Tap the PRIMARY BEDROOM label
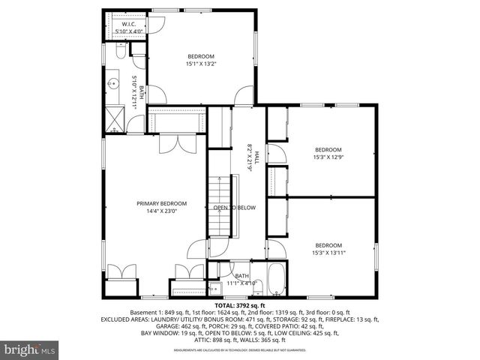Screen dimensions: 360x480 click(161, 203)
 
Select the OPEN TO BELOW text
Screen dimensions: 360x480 click(235, 207)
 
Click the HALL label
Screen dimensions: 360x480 click(256, 156)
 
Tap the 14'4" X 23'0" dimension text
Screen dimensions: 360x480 click(161, 211)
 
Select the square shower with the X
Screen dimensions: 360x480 click(115, 118)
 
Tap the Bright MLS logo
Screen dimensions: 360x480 click(30, 349)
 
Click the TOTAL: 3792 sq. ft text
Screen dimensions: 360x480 click(240, 306)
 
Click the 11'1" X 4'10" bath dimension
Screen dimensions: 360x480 click(241, 283)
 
